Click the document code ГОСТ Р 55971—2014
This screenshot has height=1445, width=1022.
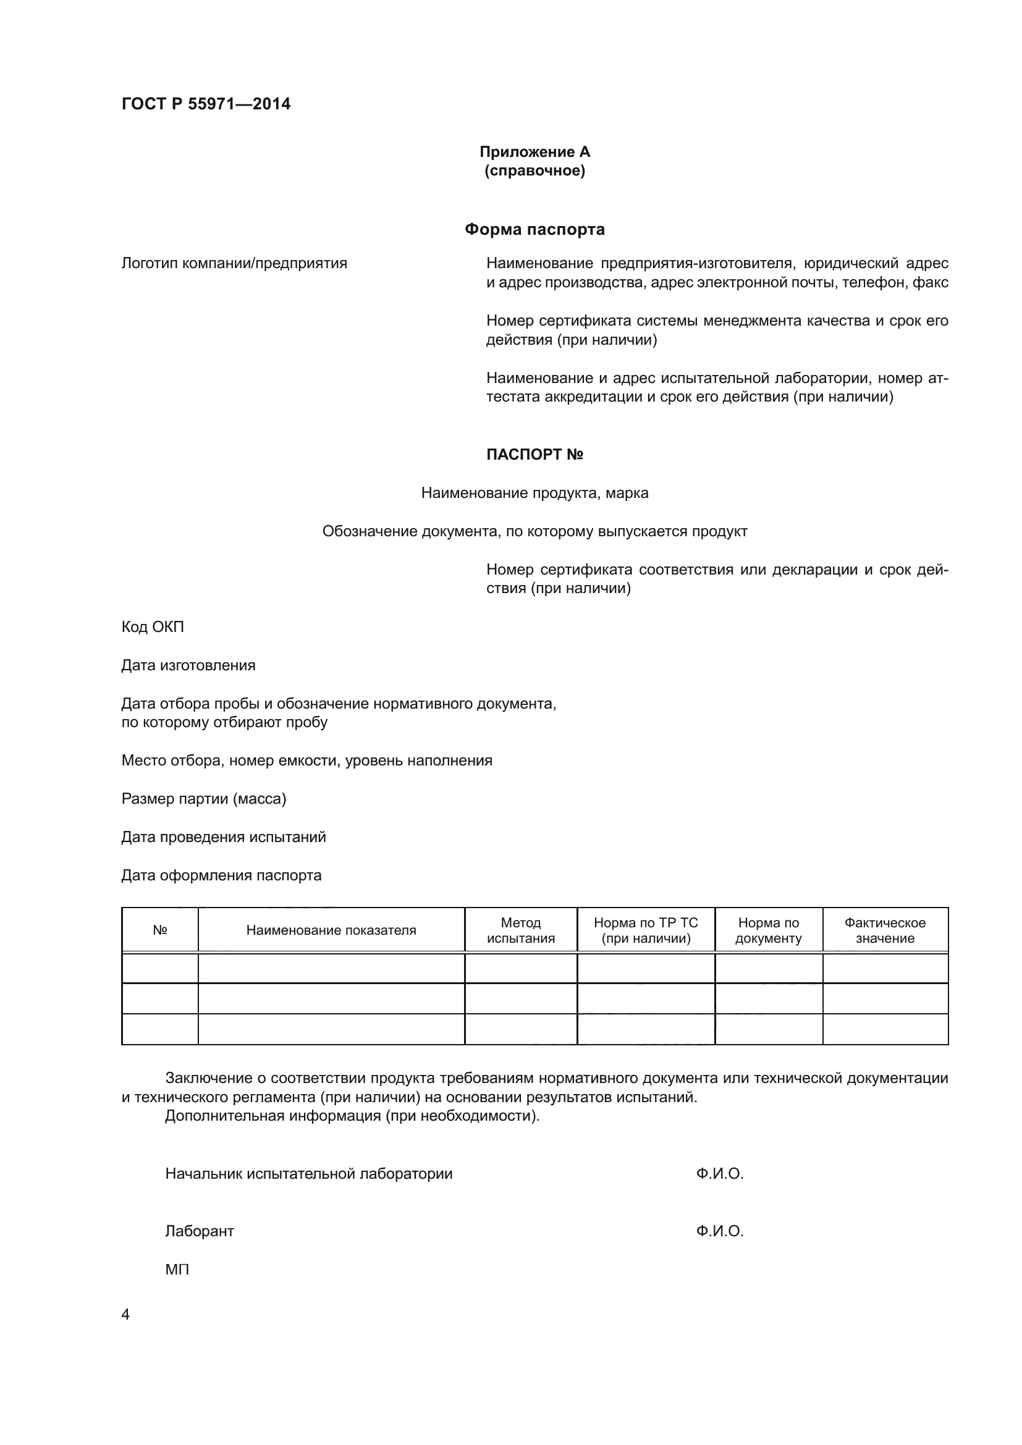point(206,104)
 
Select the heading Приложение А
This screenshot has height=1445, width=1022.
point(534,152)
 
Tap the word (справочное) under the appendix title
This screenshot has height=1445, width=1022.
point(534,171)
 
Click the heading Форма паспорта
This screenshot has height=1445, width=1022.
point(534,229)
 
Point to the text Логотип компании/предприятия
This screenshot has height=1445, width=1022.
point(234,263)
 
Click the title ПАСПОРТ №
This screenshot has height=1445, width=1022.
point(534,455)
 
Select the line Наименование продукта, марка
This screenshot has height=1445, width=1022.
point(534,493)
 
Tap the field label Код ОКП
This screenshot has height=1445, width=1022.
point(152,627)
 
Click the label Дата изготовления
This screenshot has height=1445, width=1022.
point(188,665)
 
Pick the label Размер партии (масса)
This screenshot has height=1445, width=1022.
point(203,799)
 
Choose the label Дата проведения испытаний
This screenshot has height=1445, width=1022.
point(224,837)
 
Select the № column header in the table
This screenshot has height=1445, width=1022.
point(160,930)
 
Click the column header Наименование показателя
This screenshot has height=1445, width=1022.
point(331,930)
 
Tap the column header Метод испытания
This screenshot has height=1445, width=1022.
point(520,930)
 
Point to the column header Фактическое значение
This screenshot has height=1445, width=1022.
point(885,930)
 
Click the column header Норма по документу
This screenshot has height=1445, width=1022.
point(769,930)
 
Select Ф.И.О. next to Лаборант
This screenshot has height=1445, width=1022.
point(719,1231)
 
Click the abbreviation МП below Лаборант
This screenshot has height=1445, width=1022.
point(177,1270)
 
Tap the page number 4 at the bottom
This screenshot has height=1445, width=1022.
point(125,1315)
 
